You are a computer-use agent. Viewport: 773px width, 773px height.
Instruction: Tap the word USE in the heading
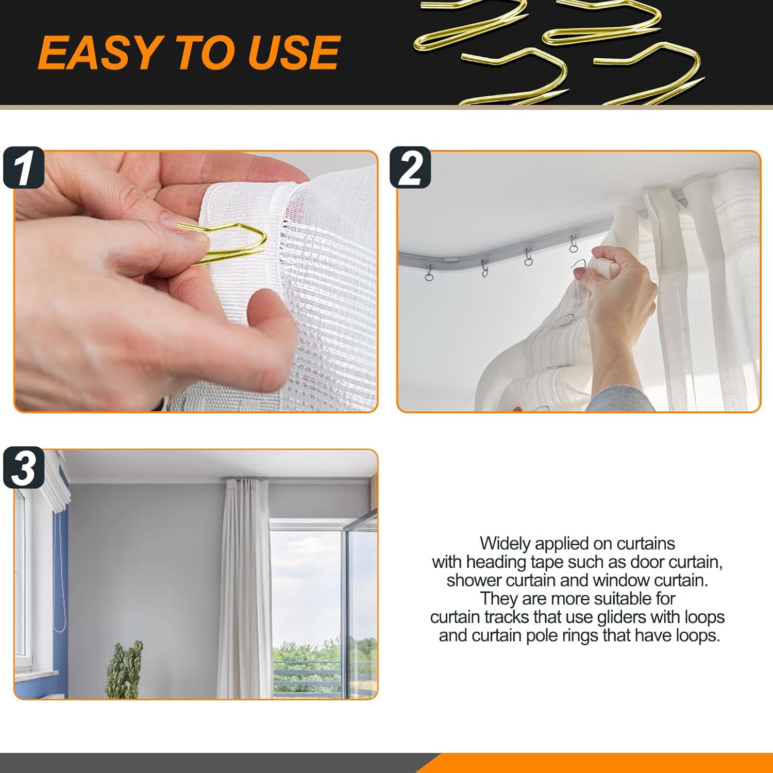click(x=294, y=53)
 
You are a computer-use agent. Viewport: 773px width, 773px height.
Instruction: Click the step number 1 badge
click(x=23, y=168)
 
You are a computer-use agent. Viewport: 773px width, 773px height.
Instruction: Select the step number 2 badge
click(x=410, y=168)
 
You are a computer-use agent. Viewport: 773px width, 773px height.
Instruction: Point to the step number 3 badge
click(x=23, y=468)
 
